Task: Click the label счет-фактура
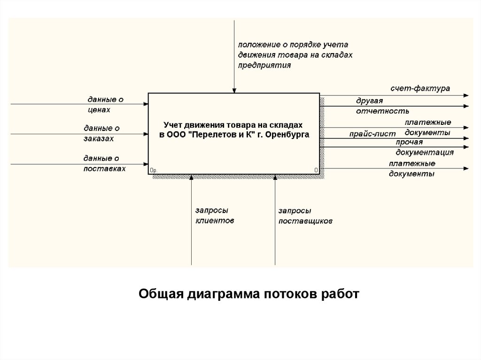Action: coord(420,88)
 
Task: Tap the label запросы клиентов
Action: coord(214,215)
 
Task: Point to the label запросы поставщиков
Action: coord(305,216)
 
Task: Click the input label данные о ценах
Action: coord(105,104)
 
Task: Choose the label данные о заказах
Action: coord(102,133)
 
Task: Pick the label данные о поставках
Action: coord(104,162)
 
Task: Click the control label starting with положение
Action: coord(295,55)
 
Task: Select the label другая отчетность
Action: coord(382,106)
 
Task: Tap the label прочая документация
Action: coord(424,147)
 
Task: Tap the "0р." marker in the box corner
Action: coord(153,170)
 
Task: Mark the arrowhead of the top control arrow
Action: coord(234,90)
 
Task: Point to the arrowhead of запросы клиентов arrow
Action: coord(191,177)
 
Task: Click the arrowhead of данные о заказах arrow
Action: coord(145,135)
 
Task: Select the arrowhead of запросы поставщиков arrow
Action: coord(275,177)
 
